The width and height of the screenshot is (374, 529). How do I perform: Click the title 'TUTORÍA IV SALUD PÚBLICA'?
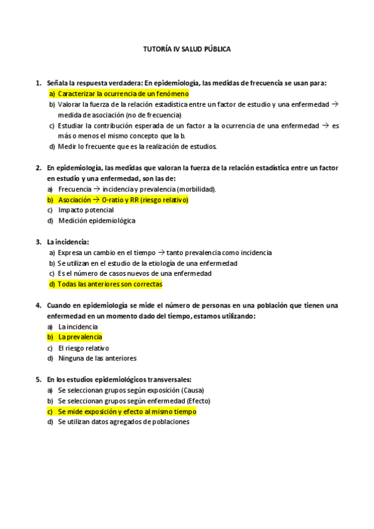tap(187, 49)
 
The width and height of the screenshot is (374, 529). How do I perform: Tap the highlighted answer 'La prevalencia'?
tap(79, 337)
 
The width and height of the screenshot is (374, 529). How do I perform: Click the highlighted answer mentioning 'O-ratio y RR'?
tap(122, 200)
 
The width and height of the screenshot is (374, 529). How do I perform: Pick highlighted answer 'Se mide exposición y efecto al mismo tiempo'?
tap(127, 411)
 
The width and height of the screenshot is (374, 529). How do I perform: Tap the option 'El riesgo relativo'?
tap(83, 347)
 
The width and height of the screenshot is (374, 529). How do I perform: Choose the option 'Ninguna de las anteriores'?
tap(97, 358)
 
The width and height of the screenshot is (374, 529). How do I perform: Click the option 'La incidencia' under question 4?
tap(77, 326)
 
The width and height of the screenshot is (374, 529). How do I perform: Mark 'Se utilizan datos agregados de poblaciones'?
tap(123, 422)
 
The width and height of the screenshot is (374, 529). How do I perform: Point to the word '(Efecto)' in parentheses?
tap(195, 400)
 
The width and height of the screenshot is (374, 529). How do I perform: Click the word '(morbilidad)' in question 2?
tap(197, 189)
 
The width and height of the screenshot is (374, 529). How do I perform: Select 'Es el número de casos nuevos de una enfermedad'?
tap(134, 273)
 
